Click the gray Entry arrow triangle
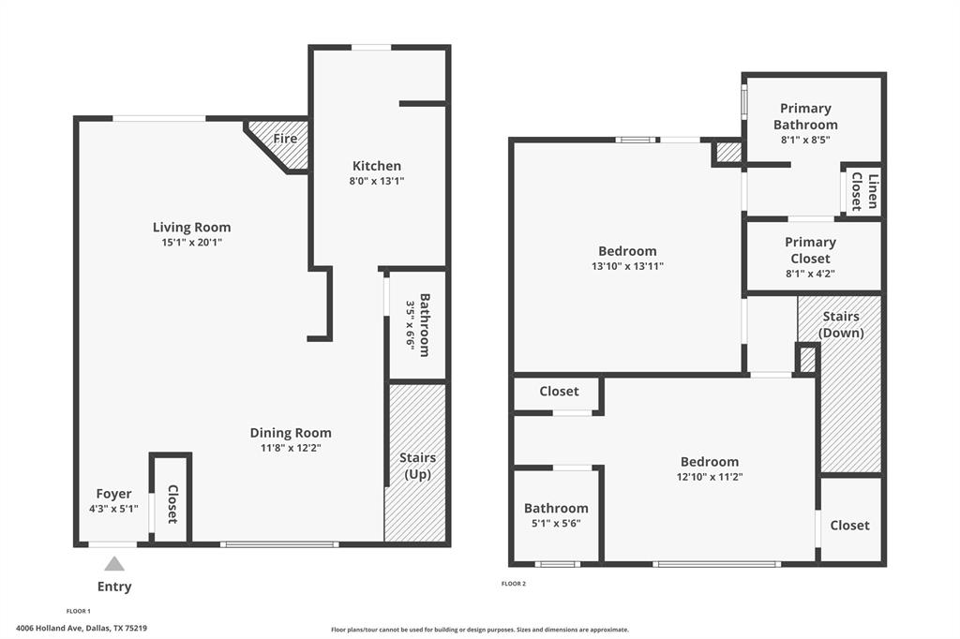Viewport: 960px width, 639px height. tap(114, 564)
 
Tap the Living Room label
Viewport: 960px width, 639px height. tap(191, 228)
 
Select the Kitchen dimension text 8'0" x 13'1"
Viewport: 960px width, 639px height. tap(377, 181)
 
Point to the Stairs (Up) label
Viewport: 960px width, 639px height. tap(417, 466)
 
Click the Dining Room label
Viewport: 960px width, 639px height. tap(291, 433)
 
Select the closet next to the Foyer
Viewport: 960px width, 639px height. tap(172, 503)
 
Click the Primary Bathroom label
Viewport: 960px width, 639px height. tap(805, 116)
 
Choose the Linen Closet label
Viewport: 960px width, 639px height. tap(863, 192)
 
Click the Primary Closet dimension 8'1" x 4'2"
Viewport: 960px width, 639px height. tap(810, 274)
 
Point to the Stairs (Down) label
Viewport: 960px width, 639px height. tap(841, 324)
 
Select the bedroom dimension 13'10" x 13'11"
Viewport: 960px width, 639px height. tap(627, 266)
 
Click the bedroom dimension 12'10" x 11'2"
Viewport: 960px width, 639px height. tap(709, 477)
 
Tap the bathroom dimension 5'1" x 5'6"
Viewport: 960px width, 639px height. tap(556, 524)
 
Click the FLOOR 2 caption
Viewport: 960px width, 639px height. tap(514, 584)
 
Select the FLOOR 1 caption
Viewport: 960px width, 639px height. tap(79, 611)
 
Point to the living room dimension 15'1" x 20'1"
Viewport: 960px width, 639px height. tap(191, 243)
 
